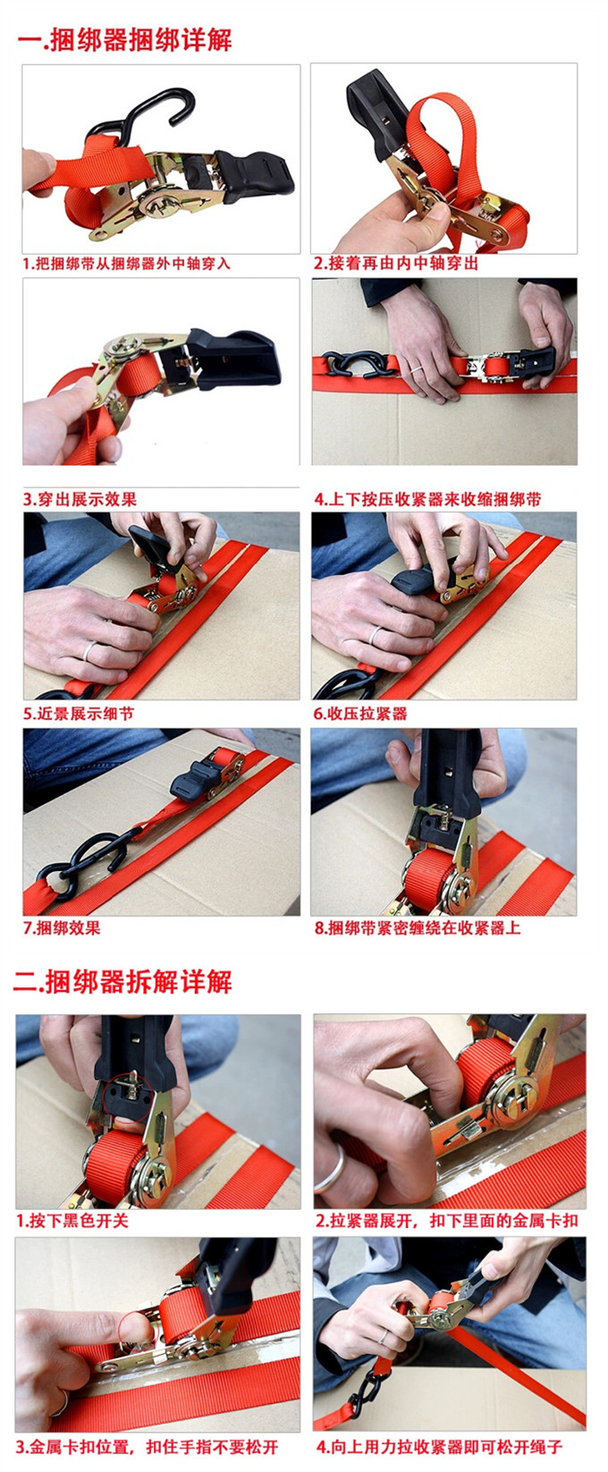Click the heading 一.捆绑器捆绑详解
[124, 40]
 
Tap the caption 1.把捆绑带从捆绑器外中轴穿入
[126, 264]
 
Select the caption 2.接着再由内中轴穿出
[396, 264]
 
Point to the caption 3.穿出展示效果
[80, 499]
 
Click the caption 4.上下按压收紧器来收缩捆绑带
[427, 499]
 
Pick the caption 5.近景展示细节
[79, 713]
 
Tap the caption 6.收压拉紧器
[360, 713]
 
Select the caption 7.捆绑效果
[62, 928]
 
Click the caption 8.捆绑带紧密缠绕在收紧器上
[418, 928]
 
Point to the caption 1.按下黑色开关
[72, 1221]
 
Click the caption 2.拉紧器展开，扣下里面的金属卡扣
[446, 1221]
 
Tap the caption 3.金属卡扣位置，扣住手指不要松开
[147, 1448]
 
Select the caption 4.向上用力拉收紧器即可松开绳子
[439, 1448]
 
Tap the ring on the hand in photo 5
[89, 650]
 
